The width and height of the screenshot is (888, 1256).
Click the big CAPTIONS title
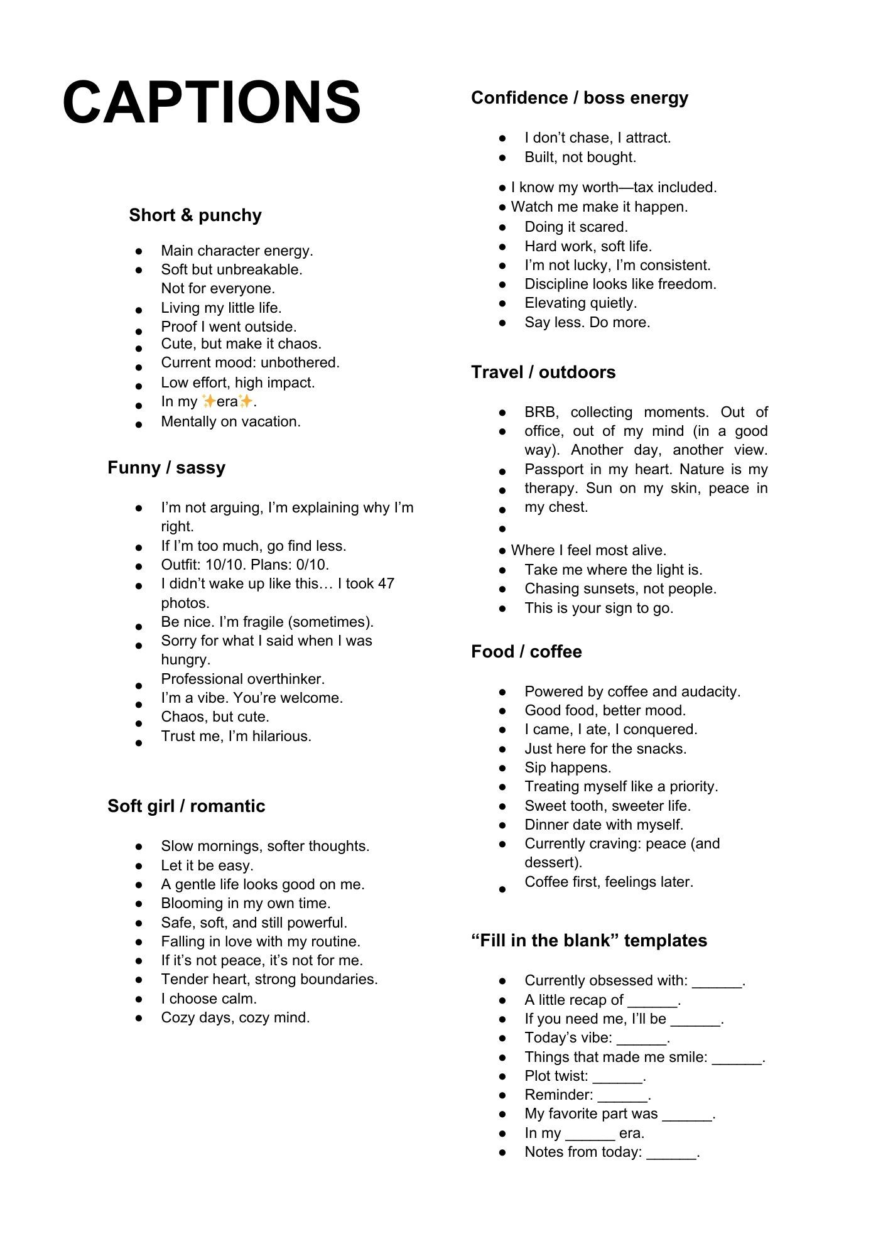tap(212, 102)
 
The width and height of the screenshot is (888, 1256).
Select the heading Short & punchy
tap(195, 215)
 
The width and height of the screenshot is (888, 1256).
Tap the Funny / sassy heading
tap(166, 468)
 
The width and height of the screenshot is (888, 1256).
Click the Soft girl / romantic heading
tap(187, 806)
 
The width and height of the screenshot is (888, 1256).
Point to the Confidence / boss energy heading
tap(580, 98)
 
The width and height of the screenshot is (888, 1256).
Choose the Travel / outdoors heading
tap(543, 372)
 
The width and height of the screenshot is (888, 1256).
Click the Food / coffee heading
tap(526, 652)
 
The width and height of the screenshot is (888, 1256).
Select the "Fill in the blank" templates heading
tap(589, 941)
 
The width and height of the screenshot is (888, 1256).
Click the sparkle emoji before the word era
tap(208, 401)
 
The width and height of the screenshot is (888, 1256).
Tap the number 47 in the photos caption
tap(386, 584)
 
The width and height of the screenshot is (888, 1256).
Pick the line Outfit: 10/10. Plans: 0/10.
tap(245, 565)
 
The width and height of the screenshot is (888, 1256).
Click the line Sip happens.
tap(568, 768)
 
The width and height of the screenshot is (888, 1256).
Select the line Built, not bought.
tap(580, 158)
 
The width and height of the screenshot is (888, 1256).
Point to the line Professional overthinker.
tap(243, 679)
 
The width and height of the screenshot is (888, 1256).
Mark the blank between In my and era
tap(590, 1134)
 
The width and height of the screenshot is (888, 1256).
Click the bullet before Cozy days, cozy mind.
tap(139, 1018)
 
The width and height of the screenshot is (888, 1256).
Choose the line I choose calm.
tap(209, 999)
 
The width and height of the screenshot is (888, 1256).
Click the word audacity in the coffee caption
tap(713, 692)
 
